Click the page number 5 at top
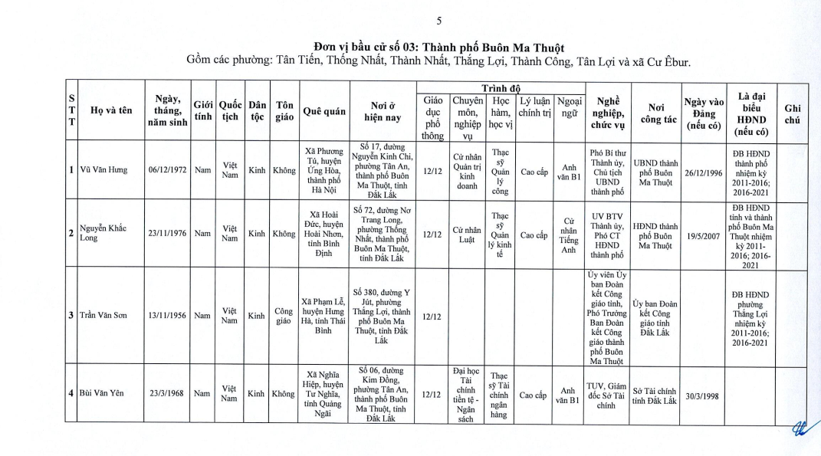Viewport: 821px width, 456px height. [438, 21]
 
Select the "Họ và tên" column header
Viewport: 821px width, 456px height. [111, 110]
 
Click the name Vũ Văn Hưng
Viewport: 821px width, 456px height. [105, 169]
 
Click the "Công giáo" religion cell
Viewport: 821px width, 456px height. [284, 315]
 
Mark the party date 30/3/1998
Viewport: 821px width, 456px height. [704, 394]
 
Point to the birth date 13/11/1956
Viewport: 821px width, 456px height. [168, 315]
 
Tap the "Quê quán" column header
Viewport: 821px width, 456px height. [322, 110]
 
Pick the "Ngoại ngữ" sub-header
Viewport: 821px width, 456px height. [569, 107]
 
